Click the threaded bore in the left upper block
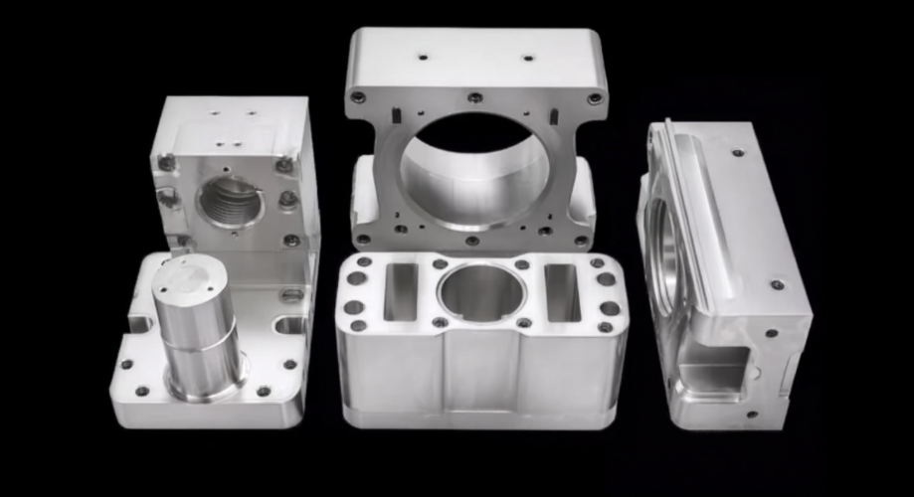pos(230,202)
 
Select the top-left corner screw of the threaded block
pos(167,162)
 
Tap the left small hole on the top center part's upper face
pos(423,57)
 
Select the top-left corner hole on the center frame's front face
pos(358,97)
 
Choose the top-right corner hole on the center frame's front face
pos(594,98)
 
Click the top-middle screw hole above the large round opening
pos(475,97)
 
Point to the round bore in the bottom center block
pos(481,291)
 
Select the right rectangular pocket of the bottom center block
pos(562,291)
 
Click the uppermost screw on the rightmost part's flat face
pos(737,153)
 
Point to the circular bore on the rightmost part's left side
pos(663,253)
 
